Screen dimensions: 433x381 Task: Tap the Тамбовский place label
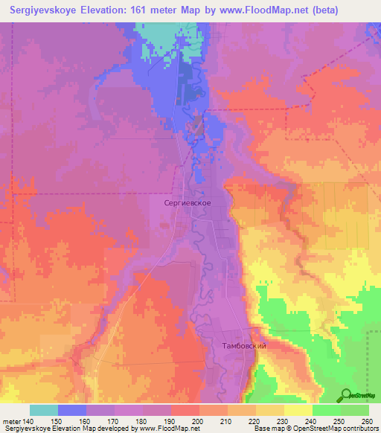tap(244, 346)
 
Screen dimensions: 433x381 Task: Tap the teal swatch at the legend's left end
tap(44, 410)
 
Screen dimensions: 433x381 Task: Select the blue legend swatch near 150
tap(72, 410)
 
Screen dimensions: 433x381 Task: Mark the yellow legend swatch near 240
tap(298, 410)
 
